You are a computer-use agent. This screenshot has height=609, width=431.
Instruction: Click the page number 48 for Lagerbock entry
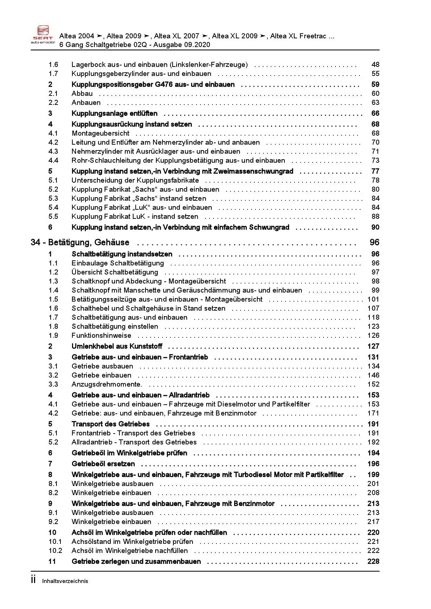[375, 65]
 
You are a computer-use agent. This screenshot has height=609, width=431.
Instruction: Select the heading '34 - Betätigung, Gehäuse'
[80, 243]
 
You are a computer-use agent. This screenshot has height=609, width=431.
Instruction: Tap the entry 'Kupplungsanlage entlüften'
[114, 114]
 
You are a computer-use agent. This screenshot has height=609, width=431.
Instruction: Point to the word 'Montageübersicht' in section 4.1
[101, 133]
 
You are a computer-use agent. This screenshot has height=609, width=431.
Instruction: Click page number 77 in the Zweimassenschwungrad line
[375, 171]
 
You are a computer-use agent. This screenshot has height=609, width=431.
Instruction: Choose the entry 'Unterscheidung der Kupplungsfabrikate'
[135, 180]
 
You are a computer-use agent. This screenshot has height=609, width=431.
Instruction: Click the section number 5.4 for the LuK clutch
[53, 208]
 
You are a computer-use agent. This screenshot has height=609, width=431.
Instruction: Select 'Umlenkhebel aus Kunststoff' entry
[117, 346]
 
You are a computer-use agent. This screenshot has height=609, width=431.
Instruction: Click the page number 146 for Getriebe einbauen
[373, 375]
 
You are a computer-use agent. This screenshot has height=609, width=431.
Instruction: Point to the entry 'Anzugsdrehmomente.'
[107, 384]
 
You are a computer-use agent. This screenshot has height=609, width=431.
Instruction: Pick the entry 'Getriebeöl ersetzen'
[103, 464]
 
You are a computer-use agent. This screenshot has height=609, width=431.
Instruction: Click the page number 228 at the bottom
[373, 562]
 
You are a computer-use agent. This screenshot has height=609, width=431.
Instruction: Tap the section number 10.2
[55, 551]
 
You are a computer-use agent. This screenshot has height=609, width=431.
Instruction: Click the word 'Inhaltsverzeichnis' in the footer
[65, 581]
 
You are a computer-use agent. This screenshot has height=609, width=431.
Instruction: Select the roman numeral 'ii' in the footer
[33, 580]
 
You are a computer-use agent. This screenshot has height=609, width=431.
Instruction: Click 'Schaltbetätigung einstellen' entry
[115, 327]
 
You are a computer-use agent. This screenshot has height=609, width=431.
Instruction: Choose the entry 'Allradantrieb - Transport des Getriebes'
[134, 442]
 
